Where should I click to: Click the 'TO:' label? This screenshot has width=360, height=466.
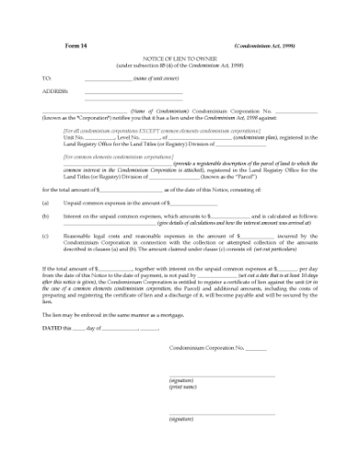48,79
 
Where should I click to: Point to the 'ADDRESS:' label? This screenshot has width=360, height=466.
55,91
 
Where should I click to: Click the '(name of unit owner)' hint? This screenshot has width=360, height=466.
157,79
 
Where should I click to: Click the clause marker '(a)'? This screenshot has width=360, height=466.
46,202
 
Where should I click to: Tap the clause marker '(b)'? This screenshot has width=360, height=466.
46,216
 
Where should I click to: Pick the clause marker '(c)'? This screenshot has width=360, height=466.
46,236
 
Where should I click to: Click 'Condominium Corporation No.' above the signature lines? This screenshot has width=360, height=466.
206,348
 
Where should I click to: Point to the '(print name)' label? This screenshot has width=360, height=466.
183,387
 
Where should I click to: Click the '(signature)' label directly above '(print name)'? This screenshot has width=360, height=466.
182,380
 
